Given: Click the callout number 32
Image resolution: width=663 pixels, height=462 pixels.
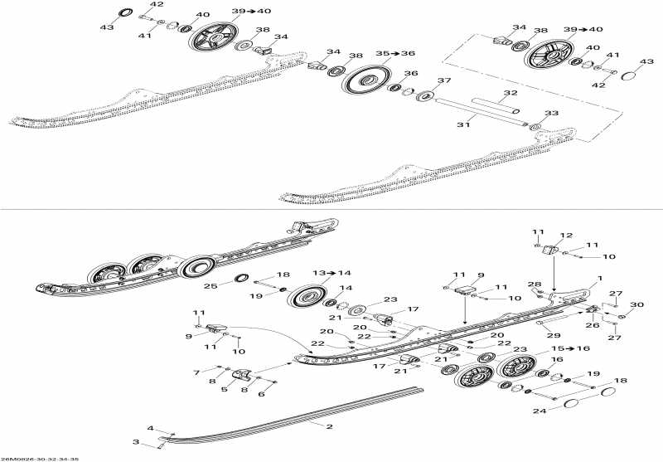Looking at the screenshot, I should [511, 93].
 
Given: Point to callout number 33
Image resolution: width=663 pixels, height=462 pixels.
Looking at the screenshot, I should [552, 114].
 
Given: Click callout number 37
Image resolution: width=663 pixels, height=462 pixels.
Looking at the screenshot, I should [443, 80].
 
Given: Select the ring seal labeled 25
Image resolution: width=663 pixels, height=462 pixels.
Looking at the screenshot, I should [244, 277].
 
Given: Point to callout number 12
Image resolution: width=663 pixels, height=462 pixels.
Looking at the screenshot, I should [567, 235].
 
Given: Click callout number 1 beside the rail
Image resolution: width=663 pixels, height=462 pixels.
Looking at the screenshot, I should [599, 279].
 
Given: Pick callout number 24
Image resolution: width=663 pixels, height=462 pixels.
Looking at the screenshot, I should [540, 410].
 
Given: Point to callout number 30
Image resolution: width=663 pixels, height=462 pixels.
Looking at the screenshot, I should [636, 305].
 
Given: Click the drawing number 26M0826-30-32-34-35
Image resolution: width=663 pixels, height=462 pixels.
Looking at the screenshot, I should [40, 458].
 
